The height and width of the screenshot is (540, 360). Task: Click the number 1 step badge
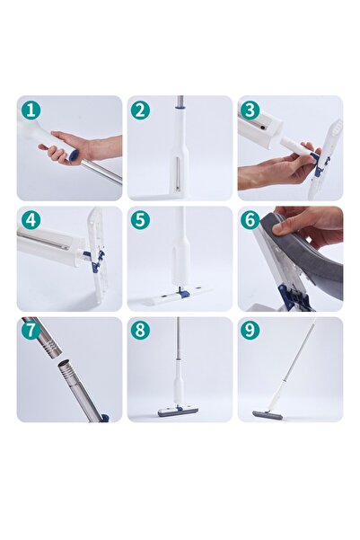pos(31,110)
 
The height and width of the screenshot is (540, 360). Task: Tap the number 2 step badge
pos(140,110)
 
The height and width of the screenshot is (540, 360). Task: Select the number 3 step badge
pos(250,110)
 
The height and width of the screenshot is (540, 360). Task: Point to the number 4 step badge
pos(31,220)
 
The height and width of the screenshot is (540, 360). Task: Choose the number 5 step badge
pos(140,220)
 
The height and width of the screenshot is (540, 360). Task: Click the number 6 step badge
pos(250,220)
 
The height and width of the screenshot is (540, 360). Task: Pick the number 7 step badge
pos(31,330)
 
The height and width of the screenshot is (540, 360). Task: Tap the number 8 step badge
pos(140,330)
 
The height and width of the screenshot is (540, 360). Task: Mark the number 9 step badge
pos(250,330)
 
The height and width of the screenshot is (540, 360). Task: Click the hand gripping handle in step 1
pos(75,147)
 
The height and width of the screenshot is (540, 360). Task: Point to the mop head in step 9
pos(267,415)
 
